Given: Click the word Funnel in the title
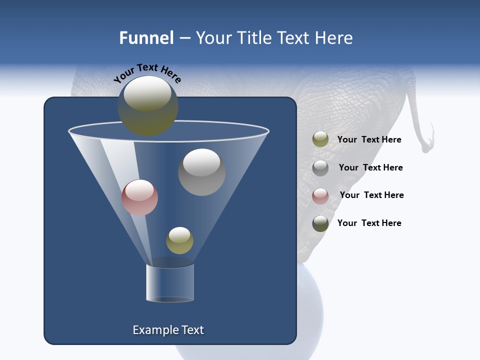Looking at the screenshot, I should coord(146,38).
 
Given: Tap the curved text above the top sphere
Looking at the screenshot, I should coord(147,73).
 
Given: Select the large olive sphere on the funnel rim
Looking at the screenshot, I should coord(148,106).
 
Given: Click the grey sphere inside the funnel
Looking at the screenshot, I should coord(201,172).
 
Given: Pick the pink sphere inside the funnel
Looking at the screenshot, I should coord(139,197).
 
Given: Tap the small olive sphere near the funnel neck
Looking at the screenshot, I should coord(179,240).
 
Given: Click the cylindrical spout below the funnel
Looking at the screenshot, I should coord(170,283).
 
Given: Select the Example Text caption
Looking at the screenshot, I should coord(168,330).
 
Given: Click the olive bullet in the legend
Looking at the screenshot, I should coord(320,139).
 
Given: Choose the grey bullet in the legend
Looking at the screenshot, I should coord(320,167).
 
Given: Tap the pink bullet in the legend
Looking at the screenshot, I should coord(320,195).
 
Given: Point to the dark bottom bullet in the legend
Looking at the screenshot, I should coord(320,223).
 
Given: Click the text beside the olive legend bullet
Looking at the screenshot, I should coord(369,139).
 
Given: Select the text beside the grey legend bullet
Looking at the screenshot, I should coord(370,167).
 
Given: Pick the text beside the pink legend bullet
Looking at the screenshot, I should coord(371,195).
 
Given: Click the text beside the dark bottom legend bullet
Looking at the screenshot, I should coord(369,223).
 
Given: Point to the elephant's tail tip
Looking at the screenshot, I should coord(426,148).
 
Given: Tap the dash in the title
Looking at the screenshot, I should coord(184,38).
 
